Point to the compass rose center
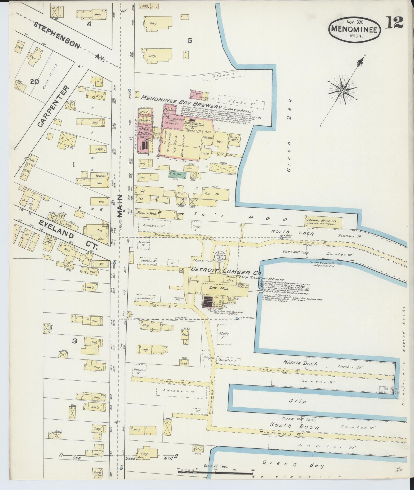pos(342,91)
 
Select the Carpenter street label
pos(53,106)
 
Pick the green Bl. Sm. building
pos(178,174)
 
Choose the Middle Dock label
pos(300,363)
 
